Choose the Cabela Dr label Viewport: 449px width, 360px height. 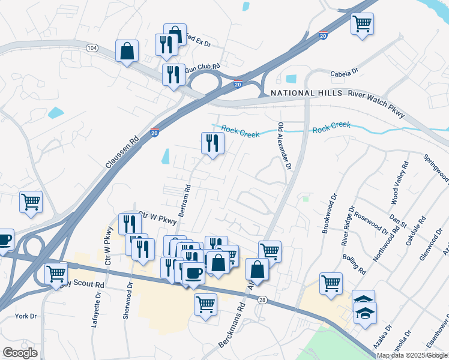point(344,73)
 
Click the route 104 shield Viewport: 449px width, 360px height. point(92,47)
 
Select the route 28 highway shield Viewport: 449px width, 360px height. point(262,299)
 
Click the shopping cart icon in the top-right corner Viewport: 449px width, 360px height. point(362,25)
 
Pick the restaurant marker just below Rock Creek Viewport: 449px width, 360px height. point(212,143)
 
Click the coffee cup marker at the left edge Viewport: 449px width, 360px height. point(4,239)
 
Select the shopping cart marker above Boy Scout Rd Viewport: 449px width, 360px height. point(56,273)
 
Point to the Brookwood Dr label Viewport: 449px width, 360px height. point(329,213)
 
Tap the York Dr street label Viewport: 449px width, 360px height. point(26,316)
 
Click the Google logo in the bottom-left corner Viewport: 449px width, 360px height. point(20,352)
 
